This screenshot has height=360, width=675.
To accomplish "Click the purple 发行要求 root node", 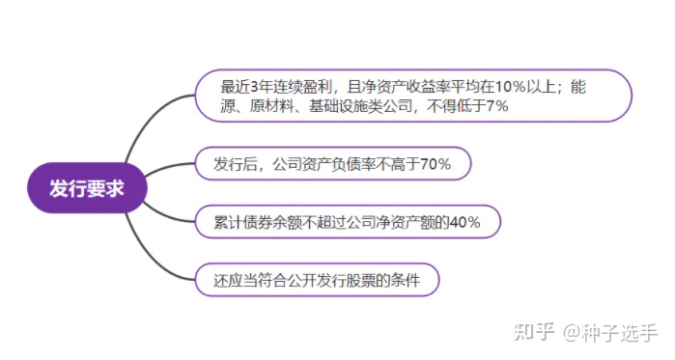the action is click(x=87, y=186).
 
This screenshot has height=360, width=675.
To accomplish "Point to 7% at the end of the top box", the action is click(x=497, y=106).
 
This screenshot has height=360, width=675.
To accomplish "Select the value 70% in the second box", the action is click(x=436, y=164).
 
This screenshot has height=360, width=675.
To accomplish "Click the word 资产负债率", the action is click(x=340, y=164).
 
